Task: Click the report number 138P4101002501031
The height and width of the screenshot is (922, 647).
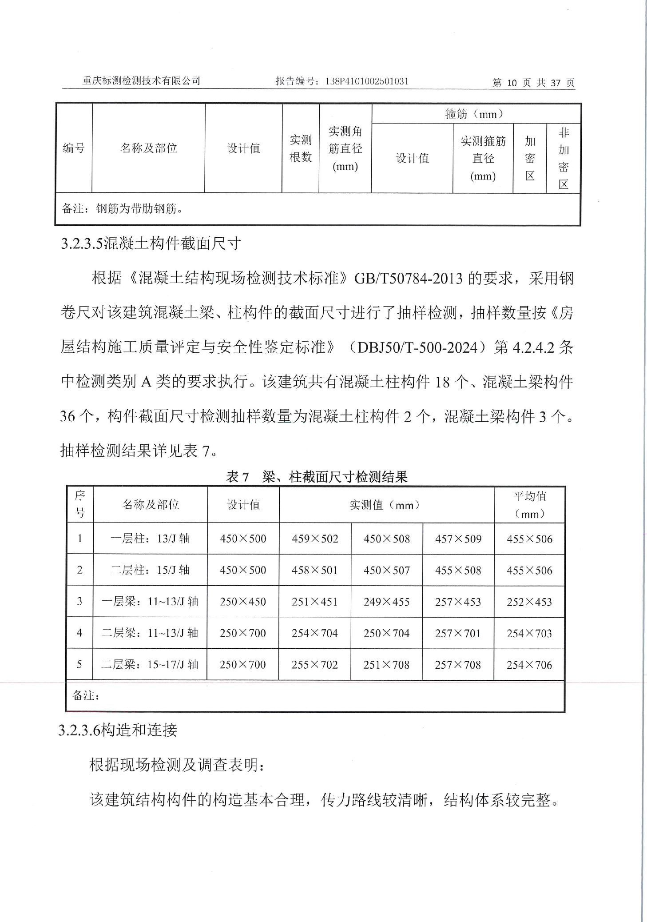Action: click(x=367, y=81)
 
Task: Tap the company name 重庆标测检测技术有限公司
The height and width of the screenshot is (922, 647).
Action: click(x=142, y=81)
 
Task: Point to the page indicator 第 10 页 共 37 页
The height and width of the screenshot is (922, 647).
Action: click(x=533, y=83)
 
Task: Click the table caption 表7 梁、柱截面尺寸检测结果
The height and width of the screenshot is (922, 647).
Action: click(x=317, y=477)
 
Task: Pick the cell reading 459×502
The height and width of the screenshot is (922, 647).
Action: click(x=315, y=539)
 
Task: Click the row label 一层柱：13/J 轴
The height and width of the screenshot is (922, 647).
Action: click(x=150, y=539)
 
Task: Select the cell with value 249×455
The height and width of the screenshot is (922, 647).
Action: click(x=386, y=602)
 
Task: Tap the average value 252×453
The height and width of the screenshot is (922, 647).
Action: click(x=529, y=602)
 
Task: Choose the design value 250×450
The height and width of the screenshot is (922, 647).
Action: click(x=243, y=602)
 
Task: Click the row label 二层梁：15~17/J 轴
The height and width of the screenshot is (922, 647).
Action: click(x=150, y=665)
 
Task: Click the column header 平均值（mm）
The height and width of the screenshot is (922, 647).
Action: click(x=529, y=505)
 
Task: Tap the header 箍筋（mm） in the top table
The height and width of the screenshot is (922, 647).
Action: click(x=475, y=114)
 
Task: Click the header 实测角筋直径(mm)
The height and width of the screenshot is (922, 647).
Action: click(x=345, y=149)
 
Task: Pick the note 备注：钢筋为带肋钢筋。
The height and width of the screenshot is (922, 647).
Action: click(x=123, y=208)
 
